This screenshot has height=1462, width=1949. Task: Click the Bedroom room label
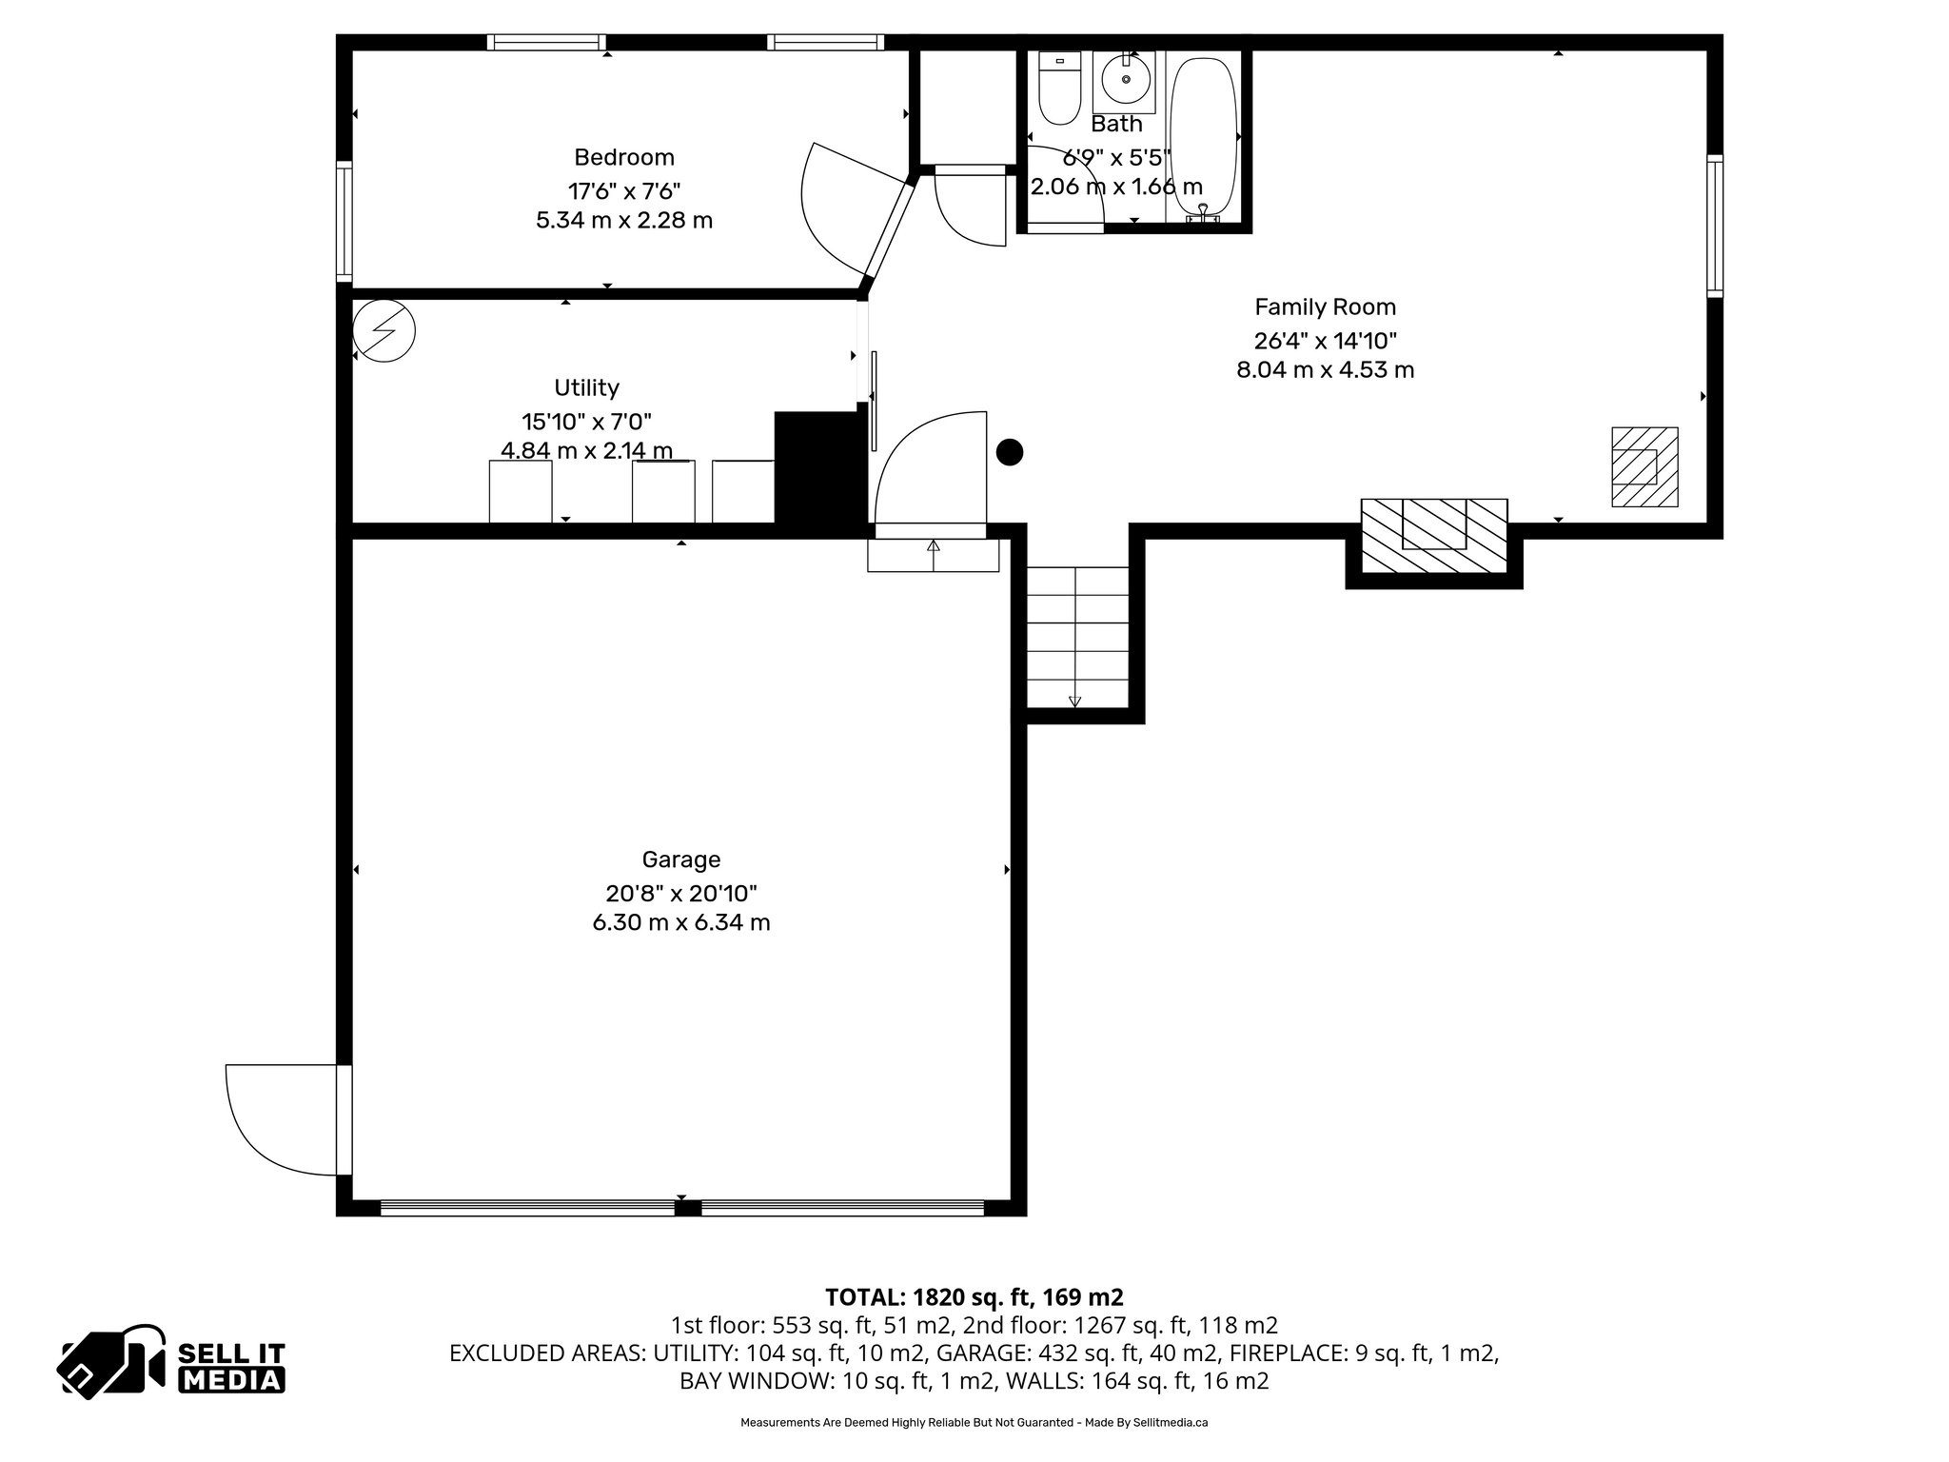(x=623, y=157)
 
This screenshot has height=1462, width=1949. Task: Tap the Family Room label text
(x=1325, y=306)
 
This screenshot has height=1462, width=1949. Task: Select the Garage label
(x=680, y=859)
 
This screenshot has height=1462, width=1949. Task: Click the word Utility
(x=586, y=387)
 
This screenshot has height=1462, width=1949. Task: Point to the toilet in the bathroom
(x=1059, y=89)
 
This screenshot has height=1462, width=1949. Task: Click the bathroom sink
(x=1125, y=80)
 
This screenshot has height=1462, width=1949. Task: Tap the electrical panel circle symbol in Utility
(x=384, y=331)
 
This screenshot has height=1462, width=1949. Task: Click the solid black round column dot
(x=1009, y=453)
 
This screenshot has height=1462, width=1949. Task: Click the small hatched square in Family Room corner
(x=1644, y=466)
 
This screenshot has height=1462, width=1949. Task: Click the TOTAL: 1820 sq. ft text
(x=974, y=1296)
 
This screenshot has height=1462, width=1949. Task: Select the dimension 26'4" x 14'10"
(x=1325, y=340)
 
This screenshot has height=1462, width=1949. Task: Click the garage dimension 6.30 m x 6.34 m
(x=680, y=922)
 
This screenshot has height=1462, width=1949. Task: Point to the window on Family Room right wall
(x=1714, y=226)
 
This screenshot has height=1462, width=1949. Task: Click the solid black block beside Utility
(x=817, y=465)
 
